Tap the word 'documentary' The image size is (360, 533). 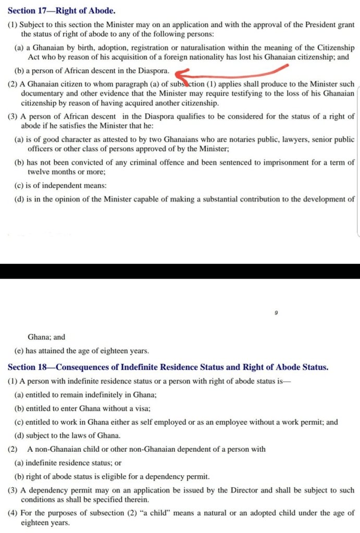click(x=42, y=94)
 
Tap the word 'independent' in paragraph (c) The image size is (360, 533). click(x=57, y=185)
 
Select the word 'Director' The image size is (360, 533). click(x=218, y=490)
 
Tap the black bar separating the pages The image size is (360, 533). click(x=180, y=271)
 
